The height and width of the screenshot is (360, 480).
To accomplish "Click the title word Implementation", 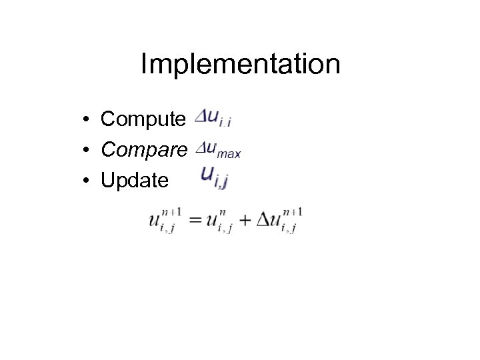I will point(240,65).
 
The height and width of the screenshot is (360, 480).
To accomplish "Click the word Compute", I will point(143,119).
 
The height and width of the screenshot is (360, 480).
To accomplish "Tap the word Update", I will point(134,180).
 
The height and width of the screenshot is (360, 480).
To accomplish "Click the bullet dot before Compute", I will point(87,120).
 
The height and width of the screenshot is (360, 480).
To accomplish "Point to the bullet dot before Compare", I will point(87,151).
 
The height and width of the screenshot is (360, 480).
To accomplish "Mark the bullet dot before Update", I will point(87,181).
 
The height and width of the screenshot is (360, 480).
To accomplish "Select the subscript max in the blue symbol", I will point(229,154).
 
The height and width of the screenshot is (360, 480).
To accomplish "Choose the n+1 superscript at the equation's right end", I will point(293,213).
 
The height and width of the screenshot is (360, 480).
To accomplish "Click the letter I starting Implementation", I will point(145,65).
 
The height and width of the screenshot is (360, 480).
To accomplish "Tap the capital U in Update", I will point(107,180).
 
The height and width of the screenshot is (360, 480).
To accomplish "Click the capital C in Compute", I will point(108,119).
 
